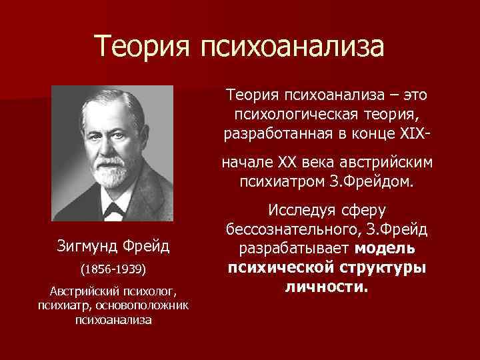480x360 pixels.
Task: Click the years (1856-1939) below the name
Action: [113, 272]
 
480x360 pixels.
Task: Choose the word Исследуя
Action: [299, 211]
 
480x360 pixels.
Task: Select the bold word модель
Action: [385, 249]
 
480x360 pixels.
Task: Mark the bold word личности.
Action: [326, 286]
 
